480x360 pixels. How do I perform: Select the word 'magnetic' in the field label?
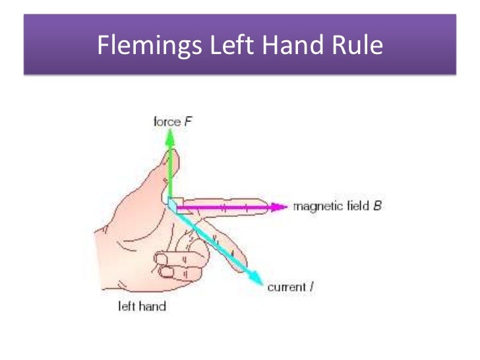coord(316,206)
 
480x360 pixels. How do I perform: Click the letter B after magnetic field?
coord(377,206)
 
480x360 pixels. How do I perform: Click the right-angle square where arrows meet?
coord(173,204)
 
